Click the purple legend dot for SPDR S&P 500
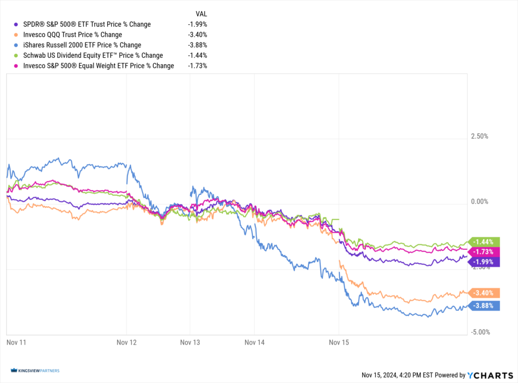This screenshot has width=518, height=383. click(17, 24)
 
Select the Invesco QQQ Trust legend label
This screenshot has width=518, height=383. click(72, 34)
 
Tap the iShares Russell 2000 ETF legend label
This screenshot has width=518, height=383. click(82, 45)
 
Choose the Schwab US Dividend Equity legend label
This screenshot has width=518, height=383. click(93, 55)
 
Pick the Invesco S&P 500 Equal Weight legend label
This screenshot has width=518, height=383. click(99, 66)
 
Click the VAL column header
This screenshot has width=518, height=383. click(201, 14)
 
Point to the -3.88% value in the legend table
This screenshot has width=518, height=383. click(197, 45)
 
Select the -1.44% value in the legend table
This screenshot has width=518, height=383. click(197, 55)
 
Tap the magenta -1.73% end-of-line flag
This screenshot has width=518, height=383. click(485, 251)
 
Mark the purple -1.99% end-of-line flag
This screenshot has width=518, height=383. click(485, 262)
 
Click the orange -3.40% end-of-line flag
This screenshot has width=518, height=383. click(485, 293)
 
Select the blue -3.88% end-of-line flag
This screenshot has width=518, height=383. click(485, 306)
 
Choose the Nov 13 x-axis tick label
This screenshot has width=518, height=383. click(190, 343)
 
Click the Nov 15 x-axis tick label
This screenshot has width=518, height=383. click(338, 343)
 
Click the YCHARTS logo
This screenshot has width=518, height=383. click(488, 375)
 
